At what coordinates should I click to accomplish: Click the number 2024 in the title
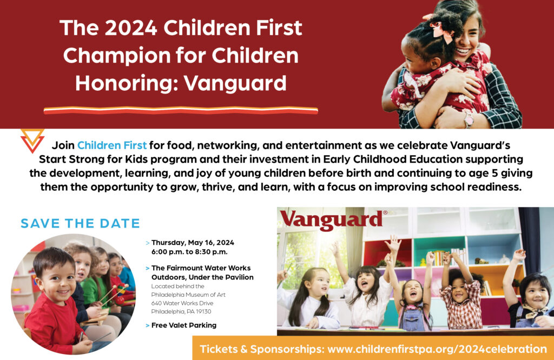tap(131, 28)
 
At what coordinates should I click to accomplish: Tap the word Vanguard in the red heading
tap(235, 83)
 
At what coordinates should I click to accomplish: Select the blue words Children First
tap(112, 145)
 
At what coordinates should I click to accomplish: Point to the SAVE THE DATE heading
tap(80, 223)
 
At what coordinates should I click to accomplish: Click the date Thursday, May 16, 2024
tap(193, 243)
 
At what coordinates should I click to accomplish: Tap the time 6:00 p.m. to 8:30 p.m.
tap(189, 252)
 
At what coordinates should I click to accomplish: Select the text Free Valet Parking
tap(184, 325)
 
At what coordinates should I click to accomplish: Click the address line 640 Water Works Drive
tap(182, 303)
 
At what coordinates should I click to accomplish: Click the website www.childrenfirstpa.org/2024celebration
tap(437, 349)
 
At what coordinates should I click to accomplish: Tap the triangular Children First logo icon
tap(32, 141)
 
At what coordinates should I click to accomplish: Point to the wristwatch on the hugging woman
tap(469, 119)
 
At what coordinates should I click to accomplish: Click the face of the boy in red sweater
tap(57, 279)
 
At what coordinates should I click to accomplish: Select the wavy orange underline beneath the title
tap(181, 110)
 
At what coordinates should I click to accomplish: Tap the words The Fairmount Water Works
tap(201, 268)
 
